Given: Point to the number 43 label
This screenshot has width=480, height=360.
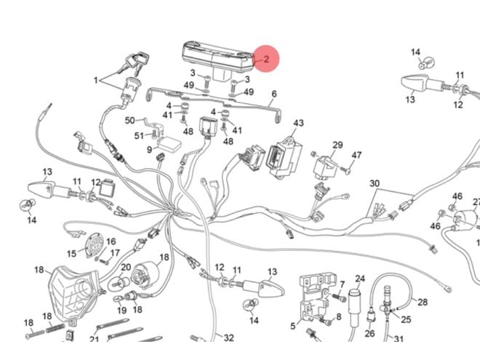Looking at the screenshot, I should pyautogui.click(x=298, y=124).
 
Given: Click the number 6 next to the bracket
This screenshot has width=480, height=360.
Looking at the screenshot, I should pyautogui.click(x=274, y=95).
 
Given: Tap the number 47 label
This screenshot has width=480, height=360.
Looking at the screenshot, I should pyautogui.click(x=356, y=156).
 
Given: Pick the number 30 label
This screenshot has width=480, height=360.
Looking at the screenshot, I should pyautogui.click(x=375, y=183).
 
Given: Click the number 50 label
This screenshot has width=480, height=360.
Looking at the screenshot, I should pyautogui.click(x=129, y=120).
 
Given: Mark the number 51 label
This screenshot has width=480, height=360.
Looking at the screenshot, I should pyautogui.click(x=139, y=135).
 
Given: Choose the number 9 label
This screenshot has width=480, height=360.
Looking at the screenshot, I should pyautogui.click(x=149, y=151).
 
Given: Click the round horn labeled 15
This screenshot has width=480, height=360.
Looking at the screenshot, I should pyautogui.click(x=92, y=245).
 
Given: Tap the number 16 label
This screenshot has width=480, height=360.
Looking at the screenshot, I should pyautogui.click(x=111, y=241).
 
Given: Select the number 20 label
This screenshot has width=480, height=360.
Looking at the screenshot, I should pyautogui.click(x=125, y=268).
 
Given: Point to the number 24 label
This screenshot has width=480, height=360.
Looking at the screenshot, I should pyautogui.click(x=360, y=279).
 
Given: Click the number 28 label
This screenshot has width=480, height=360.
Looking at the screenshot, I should pyautogui.click(x=423, y=302).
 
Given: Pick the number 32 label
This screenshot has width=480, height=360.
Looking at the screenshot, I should pyautogui.click(x=228, y=338).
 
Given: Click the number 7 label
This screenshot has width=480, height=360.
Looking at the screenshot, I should pyautogui.click(x=341, y=284).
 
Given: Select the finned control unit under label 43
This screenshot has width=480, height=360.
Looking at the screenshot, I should pyautogui.click(x=281, y=159).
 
